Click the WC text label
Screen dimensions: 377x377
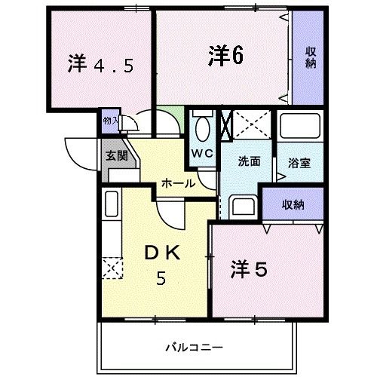click(202, 153)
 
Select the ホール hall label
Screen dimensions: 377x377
click(178, 183)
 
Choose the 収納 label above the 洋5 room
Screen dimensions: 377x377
click(293, 204)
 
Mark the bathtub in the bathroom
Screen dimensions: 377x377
click(299, 128)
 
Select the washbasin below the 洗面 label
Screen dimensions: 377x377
click(243, 205)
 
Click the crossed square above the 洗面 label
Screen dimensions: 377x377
click(247, 124)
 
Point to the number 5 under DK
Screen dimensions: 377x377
click(161, 280)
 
